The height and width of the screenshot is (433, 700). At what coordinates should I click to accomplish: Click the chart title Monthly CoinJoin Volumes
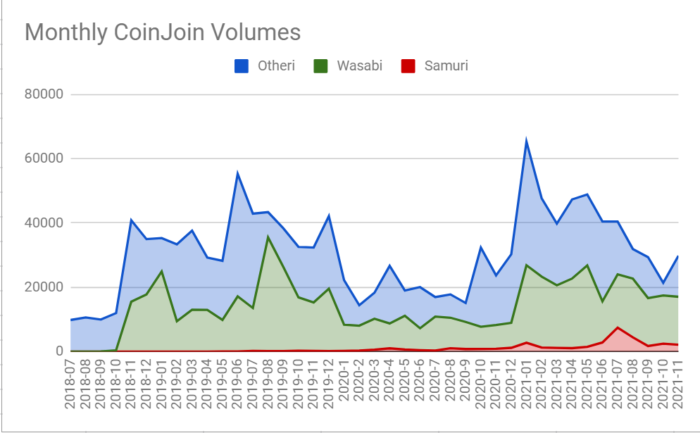163,32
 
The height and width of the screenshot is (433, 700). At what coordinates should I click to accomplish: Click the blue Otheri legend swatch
241,67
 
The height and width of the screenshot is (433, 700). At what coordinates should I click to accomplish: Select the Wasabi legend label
359,67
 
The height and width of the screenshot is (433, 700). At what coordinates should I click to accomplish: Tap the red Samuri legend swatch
408,67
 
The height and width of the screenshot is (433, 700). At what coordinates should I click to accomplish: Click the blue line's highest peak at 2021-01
526,142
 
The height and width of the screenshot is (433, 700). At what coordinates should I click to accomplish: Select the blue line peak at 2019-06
238,174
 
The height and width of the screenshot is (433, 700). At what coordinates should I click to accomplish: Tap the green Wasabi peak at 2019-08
268,237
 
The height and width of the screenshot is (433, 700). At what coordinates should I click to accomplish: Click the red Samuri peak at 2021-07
618,327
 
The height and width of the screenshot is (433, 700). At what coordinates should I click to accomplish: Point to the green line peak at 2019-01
162,271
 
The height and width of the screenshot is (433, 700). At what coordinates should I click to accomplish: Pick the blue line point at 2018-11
132,220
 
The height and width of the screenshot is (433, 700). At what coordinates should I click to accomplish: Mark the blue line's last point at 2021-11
678,256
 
